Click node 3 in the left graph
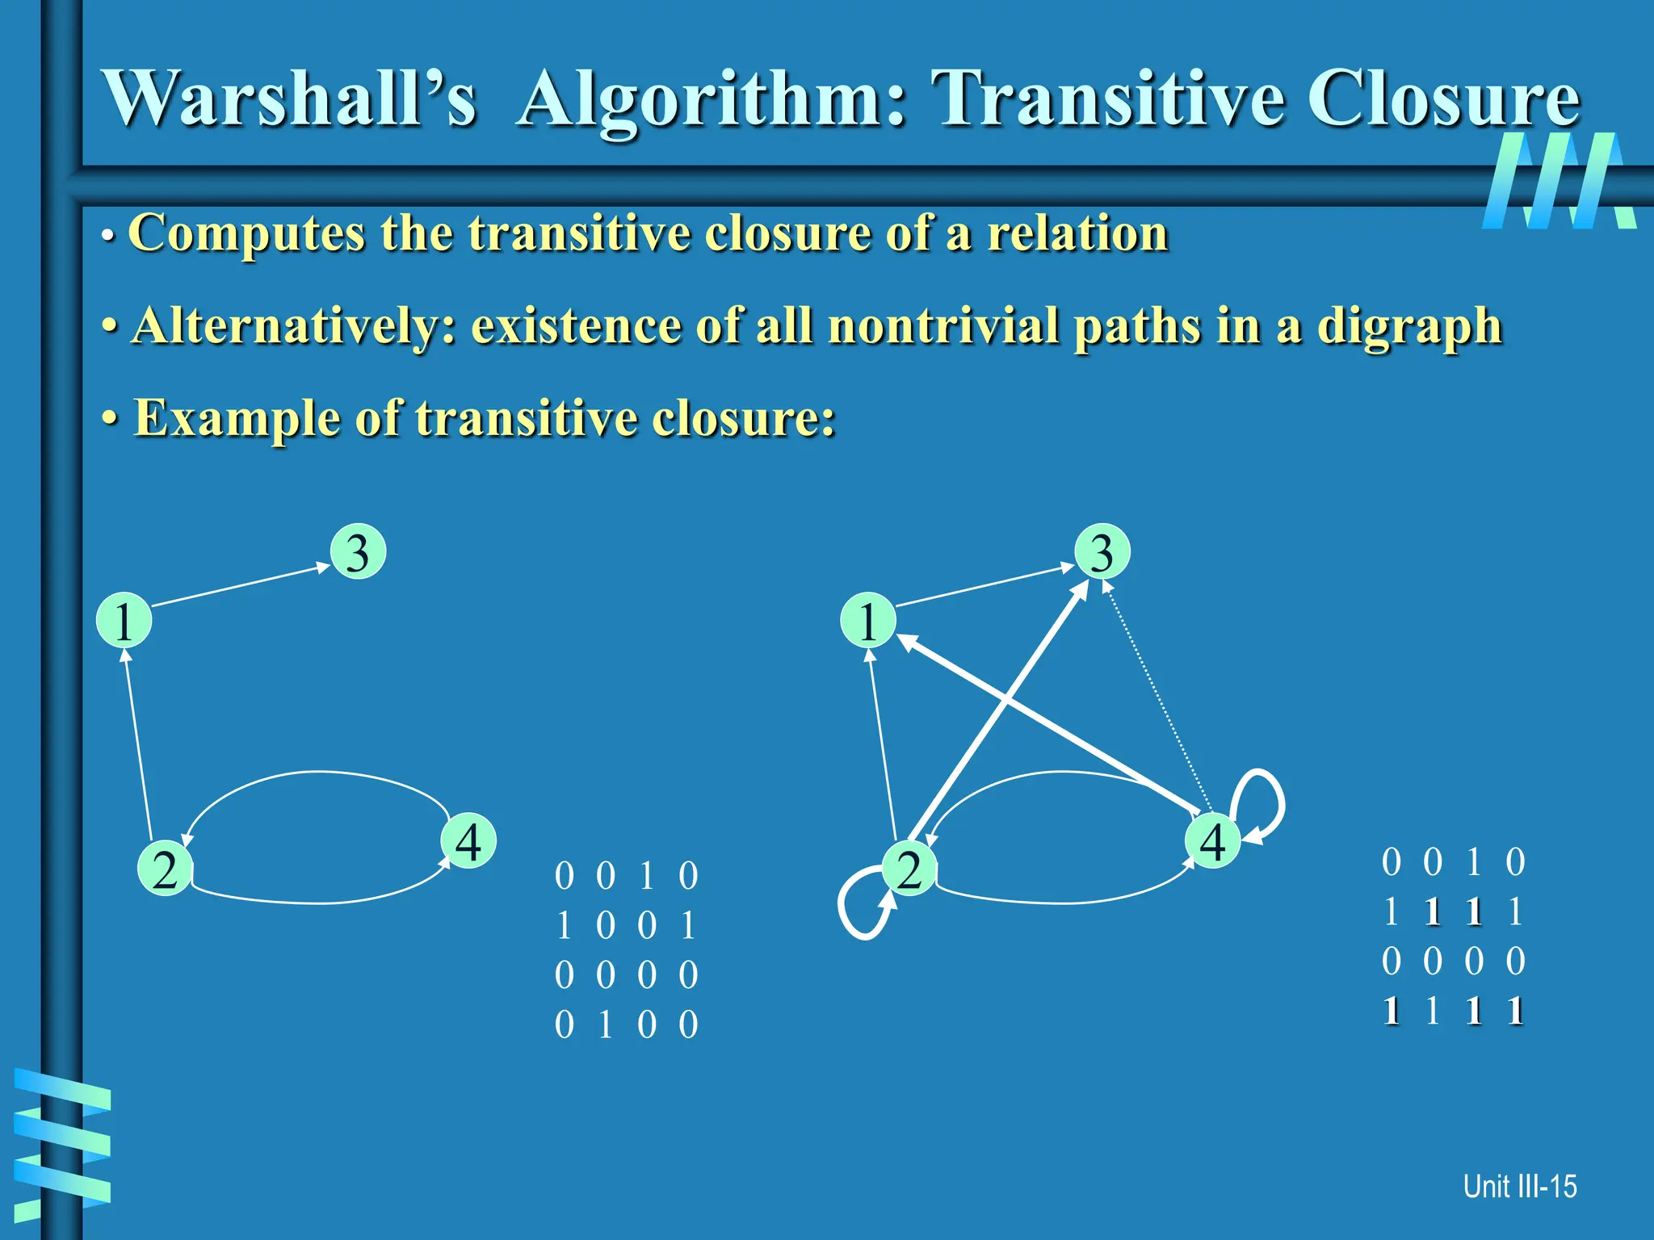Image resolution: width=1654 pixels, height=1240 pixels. (359, 552)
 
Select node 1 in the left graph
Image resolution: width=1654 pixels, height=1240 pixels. (124, 621)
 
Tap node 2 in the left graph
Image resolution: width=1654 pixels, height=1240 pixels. (166, 869)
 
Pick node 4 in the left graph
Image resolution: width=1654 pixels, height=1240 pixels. (468, 841)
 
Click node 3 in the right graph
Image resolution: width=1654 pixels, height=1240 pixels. (1102, 552)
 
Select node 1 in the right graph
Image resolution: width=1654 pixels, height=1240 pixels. (868, 621)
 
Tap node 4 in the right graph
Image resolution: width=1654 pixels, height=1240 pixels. (1213, 841)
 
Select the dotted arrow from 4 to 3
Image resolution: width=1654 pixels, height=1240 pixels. (1159, 698)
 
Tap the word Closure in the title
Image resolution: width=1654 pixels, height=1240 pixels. (1443, 98)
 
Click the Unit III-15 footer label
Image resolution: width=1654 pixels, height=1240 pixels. (1519, 1186)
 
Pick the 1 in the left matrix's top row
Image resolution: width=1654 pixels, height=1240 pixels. (646, 876)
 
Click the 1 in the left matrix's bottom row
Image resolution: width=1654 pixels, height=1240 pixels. (605, 1025)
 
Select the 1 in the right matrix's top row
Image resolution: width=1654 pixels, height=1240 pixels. (1474, 862)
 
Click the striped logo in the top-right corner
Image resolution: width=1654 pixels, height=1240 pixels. (1559, 182)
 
